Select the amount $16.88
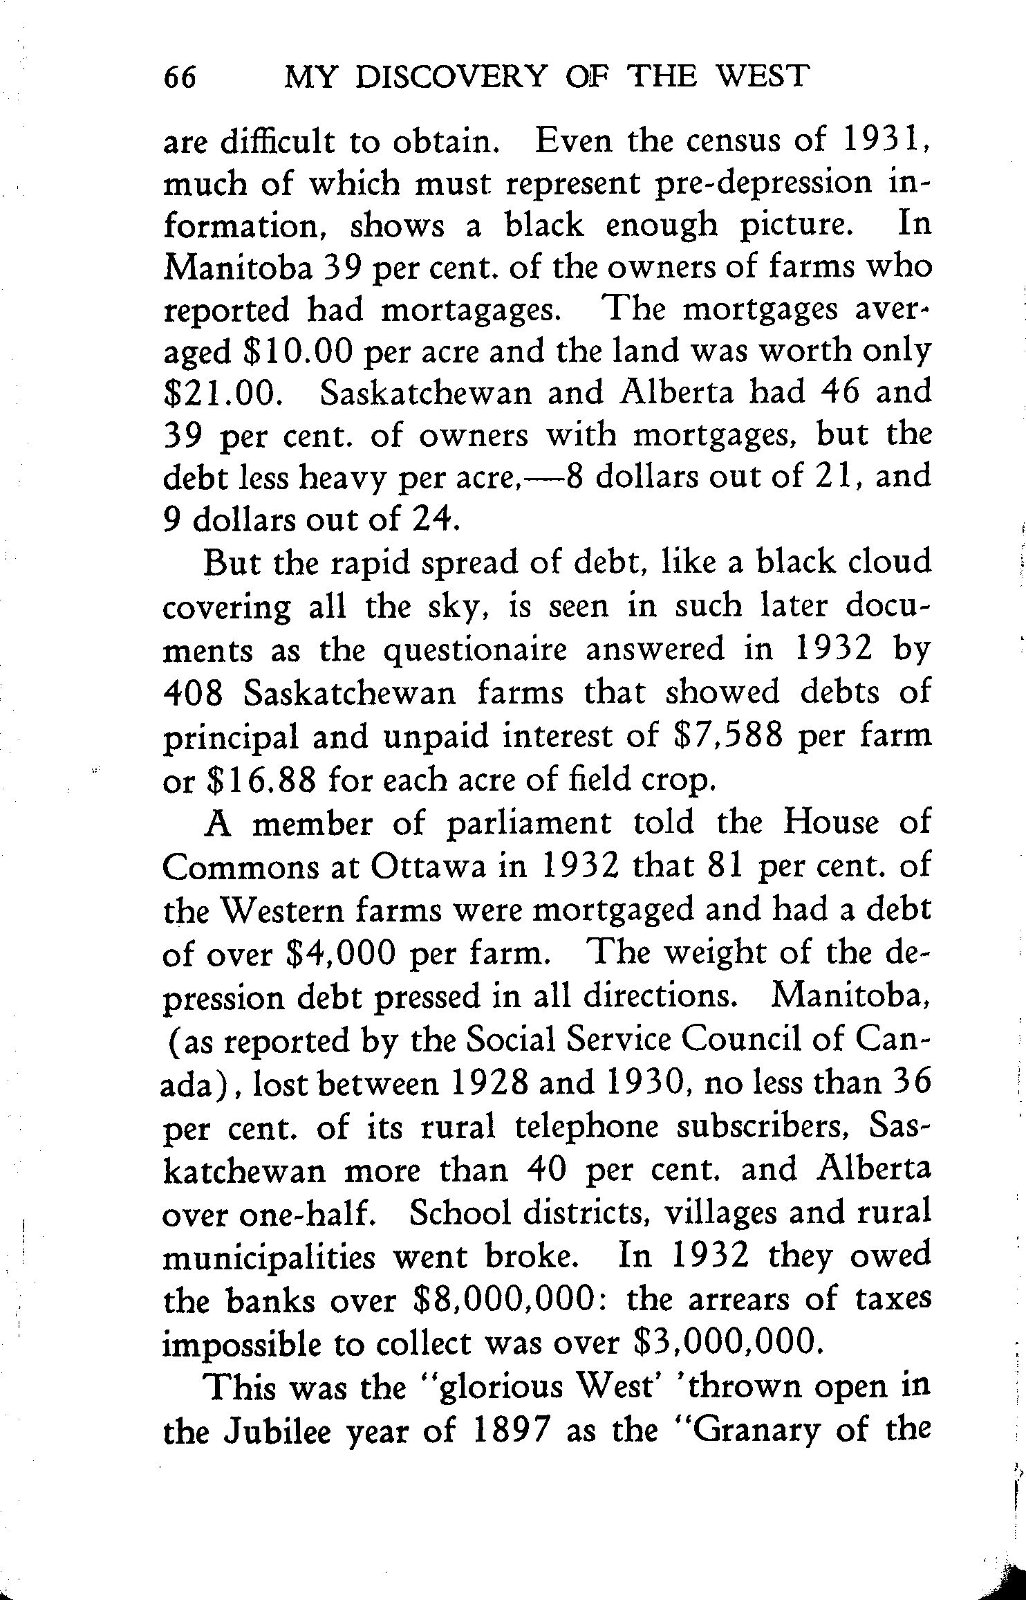(262, 780)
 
